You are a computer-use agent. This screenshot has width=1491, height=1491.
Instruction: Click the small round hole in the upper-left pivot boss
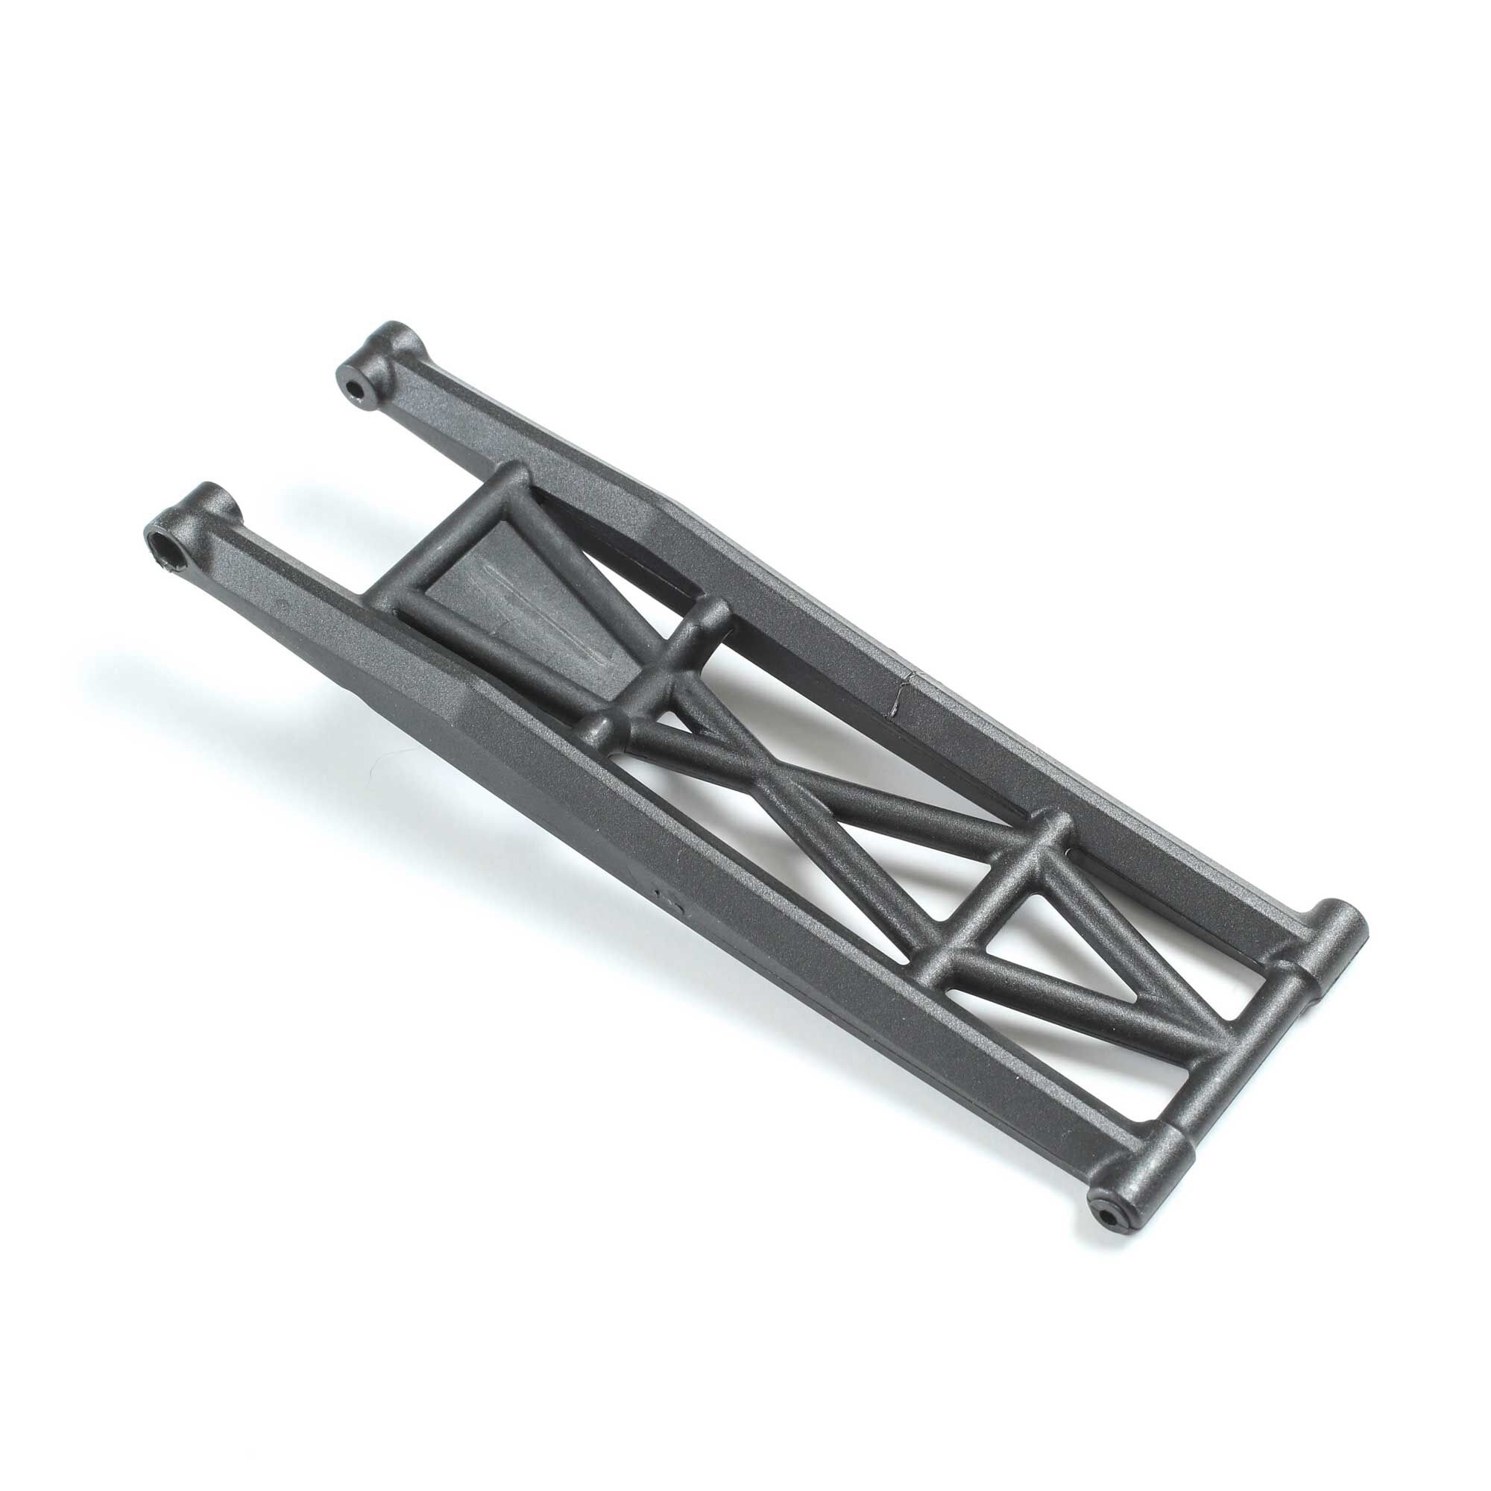click(356, 387)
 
